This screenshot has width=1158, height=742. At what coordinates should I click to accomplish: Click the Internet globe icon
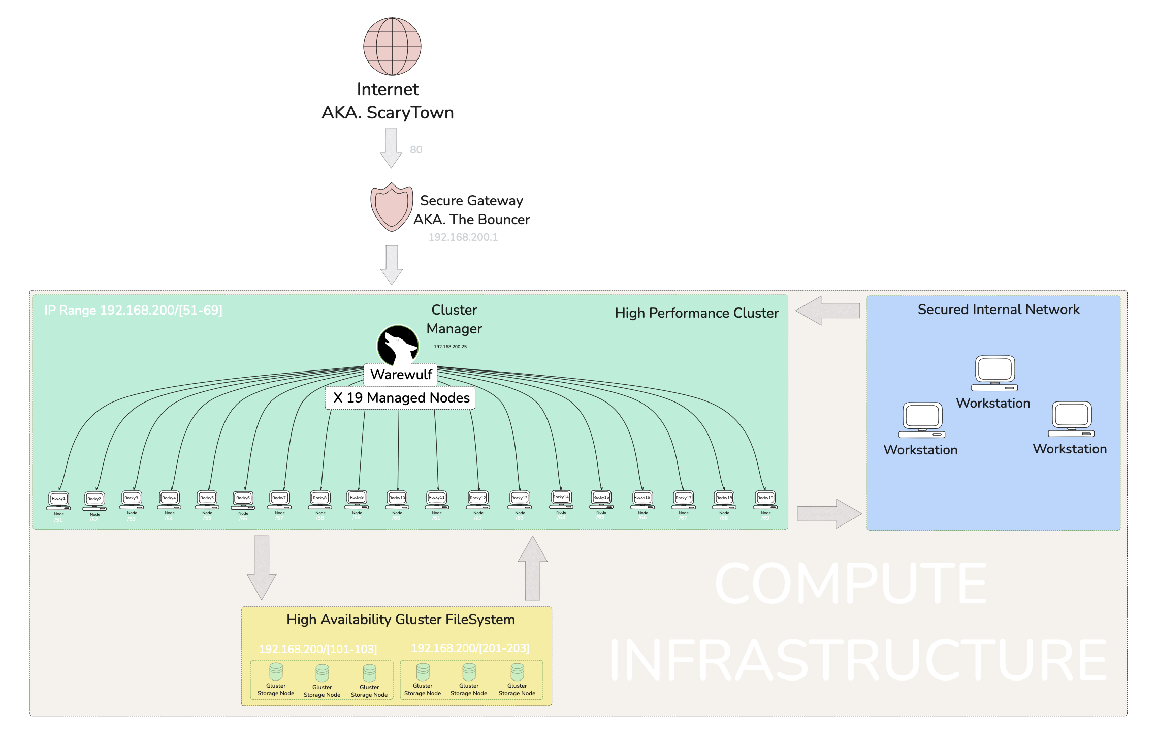click(392, 46)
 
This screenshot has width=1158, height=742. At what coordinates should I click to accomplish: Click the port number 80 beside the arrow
click(416, 150)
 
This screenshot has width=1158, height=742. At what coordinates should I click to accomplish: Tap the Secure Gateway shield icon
click(391, 207)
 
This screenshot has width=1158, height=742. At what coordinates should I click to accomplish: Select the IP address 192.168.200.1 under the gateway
click(463, 237)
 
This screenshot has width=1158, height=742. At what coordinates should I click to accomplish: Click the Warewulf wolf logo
click(398, 345)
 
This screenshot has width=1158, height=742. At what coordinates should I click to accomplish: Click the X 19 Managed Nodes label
click(400, 398)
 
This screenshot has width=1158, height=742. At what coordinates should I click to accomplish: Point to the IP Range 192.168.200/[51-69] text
click(133, 310)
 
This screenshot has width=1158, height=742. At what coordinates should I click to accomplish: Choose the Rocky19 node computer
click(765, 499)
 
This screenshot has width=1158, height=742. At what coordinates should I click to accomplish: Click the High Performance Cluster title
click(696, 313)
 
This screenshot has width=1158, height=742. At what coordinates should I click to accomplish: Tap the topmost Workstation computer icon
click(994, 373)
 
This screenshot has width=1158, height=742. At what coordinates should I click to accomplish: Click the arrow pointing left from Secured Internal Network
click(828, 311)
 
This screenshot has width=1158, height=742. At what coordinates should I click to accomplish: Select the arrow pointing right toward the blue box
click(829, 513)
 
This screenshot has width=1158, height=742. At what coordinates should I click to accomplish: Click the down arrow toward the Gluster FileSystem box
click(262, 567)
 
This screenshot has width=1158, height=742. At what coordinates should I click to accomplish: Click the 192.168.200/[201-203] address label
click(470, 648)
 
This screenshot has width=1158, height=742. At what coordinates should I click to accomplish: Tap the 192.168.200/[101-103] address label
click(318, 650)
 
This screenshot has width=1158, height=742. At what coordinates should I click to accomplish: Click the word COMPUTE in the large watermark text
click(851, 583)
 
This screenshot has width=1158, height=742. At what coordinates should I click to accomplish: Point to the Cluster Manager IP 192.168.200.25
click(450, 347)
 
